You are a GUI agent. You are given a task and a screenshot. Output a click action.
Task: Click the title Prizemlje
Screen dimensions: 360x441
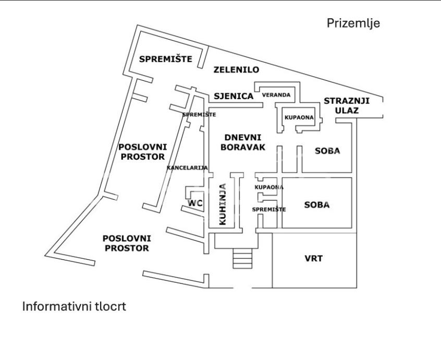[x=353, y=23]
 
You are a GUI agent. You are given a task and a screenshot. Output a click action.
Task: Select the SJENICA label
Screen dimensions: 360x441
[x=234, y=96]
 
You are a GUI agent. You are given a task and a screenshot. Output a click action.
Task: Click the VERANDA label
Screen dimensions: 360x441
[x=276, y=95]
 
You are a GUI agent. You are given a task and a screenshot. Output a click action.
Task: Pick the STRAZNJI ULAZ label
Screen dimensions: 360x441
[x=347, y=105]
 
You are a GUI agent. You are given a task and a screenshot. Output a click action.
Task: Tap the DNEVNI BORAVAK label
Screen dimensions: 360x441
[x=242, y=142]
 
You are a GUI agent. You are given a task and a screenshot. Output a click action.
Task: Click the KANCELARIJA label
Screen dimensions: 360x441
[x=187, y=167]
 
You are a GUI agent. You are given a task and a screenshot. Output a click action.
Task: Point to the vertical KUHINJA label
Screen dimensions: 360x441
[x=223, y=203]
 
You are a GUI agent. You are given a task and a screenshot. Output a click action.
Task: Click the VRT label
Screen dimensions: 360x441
[x=313, y=258]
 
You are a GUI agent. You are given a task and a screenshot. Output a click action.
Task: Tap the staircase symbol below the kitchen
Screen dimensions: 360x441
[x=242, y=258]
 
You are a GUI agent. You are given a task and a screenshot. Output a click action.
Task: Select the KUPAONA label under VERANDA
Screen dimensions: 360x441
[x=299, y=117]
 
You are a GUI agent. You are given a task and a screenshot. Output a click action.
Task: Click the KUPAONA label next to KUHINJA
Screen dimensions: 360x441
[x=269, y=187]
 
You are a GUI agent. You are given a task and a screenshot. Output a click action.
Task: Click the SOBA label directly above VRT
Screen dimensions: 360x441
[x=317, y=205]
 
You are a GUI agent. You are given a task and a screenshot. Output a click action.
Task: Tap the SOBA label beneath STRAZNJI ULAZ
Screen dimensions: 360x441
[x=327, y=151]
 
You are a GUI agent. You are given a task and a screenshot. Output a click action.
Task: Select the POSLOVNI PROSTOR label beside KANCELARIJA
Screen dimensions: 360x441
[x=142, y=152]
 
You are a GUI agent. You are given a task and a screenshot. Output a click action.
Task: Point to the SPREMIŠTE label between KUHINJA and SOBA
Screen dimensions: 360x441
[x=269, y=209]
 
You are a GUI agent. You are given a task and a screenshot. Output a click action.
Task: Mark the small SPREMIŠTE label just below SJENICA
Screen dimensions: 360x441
[x=199, y=114]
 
